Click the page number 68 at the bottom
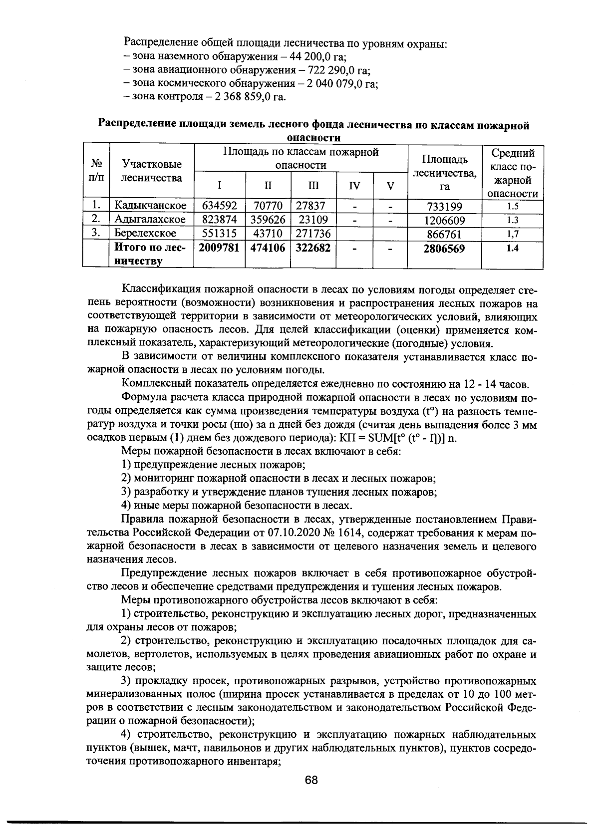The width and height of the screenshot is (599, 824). (x=311, y=780)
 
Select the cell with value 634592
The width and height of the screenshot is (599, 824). (x=219, y=206)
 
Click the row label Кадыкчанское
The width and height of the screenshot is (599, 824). (x=150, y=206)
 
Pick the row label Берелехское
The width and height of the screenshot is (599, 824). (x=145, y=233)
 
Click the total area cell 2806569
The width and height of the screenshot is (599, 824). (x=444, y=248)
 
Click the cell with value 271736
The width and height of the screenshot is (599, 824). (x=313, y=233)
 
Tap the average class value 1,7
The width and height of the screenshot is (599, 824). (x=512, y=234)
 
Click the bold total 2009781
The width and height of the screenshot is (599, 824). (x=219, y=248)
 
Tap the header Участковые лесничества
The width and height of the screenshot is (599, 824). (x=151, y=171)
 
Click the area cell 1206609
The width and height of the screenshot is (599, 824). (x=444, y=220)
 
